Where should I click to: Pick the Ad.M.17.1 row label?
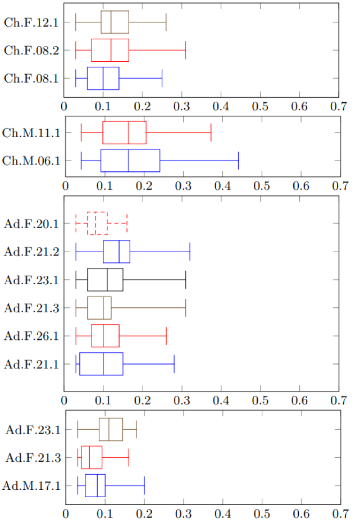point(33,485)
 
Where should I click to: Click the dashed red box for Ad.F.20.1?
point(97,224)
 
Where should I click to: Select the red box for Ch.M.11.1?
point(124,133)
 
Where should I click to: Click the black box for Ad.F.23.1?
point(105,280)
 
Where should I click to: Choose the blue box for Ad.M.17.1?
point(95,485)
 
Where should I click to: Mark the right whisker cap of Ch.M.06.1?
point(239,161)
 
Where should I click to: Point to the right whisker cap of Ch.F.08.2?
point(185,51)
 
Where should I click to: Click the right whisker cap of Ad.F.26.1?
point(166,336)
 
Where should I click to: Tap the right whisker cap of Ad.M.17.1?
point(144,485)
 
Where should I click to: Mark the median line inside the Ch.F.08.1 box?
point(103,79)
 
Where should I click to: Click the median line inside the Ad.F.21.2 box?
point(119,252)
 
